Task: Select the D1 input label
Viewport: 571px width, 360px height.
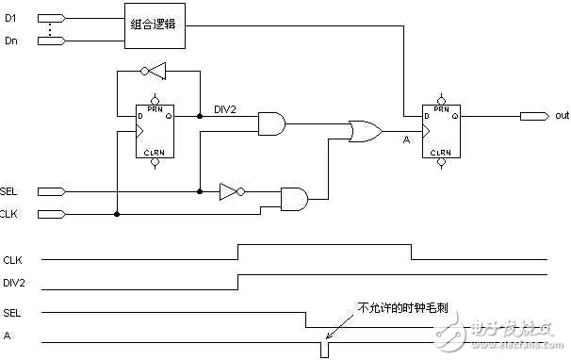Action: click(x=12, y=16)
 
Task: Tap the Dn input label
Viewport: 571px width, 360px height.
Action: click(x=12, y=40)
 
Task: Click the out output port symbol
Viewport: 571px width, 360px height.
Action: click(x=534, y=116)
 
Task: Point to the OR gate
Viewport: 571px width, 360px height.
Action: click(x=364, y=130)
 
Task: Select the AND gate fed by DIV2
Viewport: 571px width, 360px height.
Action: click(x=271, y=123)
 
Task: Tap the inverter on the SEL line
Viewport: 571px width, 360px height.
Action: click(x=230, y=191)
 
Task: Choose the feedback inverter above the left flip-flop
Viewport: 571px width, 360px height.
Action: click(x=153, y=72)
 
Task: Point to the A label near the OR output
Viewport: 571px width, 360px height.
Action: click(x=405, y=140)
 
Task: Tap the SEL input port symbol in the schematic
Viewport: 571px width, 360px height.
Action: click(x=53, y=191)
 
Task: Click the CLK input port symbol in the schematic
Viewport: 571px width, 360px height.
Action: click(x=53, y=214)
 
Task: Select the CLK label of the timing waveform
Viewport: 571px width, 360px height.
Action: click(x=13, y=259)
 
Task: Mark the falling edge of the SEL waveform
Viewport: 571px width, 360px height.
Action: click(x=305, y=320)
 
